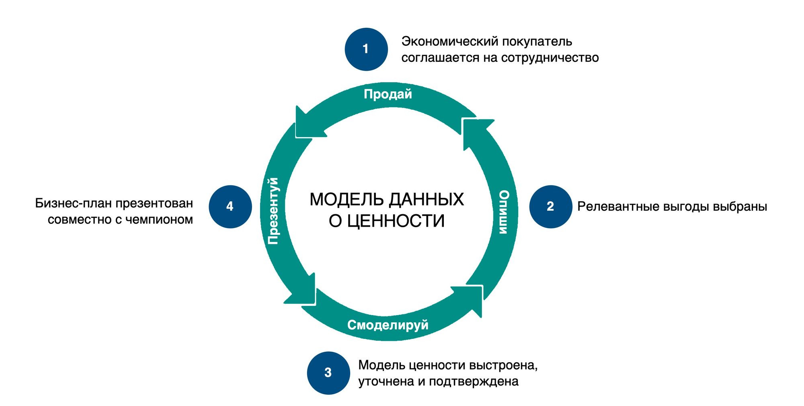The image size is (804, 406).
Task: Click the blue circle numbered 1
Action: click(x=366, y=49)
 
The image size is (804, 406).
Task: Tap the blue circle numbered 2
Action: click(x=550, y=207)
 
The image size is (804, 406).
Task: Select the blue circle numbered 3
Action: click(x=328, y=373)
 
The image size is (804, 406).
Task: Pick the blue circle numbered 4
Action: click(x=230, y=207)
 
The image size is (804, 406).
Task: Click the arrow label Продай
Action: click(x=388, y=94)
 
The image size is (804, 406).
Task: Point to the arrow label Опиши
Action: click(x=504, y=212)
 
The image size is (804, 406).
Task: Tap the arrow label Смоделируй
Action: click(x=388, y=325)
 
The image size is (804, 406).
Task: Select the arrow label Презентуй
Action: click(x=273, y=211)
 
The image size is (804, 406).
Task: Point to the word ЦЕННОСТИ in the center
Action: click(x=396, y=221)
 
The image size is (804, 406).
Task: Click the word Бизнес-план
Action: click(x=73, y=203)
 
